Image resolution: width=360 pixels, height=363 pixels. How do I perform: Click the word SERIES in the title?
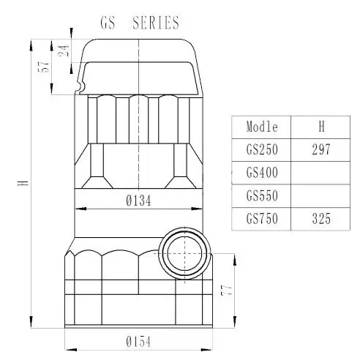[156, 23]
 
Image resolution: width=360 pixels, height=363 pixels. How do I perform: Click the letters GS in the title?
[108, 23]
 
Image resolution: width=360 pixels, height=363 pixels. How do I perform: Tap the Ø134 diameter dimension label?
[138, 201]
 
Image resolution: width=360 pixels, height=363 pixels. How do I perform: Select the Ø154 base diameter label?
[138, 342]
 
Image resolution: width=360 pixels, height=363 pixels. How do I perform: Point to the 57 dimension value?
[44, 67]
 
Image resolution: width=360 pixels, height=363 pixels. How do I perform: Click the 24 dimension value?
[64, 50]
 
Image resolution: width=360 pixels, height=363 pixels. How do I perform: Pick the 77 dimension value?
[227, 290]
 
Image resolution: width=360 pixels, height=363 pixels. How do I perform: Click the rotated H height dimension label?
[23, 183]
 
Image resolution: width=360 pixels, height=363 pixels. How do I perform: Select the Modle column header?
[262, 127]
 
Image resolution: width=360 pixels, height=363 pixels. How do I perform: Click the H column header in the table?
[321, 127]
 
